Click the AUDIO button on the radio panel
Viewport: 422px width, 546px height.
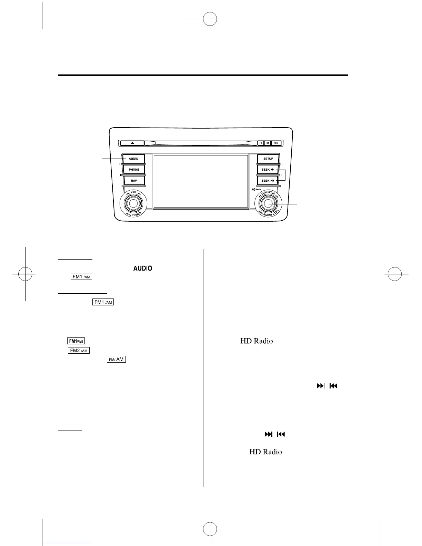[x=133, y=159]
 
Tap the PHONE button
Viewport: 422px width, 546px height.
[x=134, y=170]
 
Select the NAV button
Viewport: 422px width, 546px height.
[x=134, y=181]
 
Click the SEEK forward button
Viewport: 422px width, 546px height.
[x=268, y=170]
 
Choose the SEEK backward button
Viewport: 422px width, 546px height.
[x=268, y=181]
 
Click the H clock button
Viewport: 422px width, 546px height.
[x=261, y=143]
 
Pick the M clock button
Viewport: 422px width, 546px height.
[x=268, y=143]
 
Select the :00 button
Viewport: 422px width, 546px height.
[x=276, y=143]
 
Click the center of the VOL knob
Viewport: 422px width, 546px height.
[x=133, y=204]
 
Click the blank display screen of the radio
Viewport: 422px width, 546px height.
[x=201, y=181]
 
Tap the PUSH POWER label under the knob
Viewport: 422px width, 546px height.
[x=134, y=214]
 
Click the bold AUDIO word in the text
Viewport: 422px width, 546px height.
[x=143, y=269]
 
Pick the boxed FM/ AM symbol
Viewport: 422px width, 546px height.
[x=116, y=359]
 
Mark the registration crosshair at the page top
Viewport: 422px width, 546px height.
[x=210, y=19]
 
